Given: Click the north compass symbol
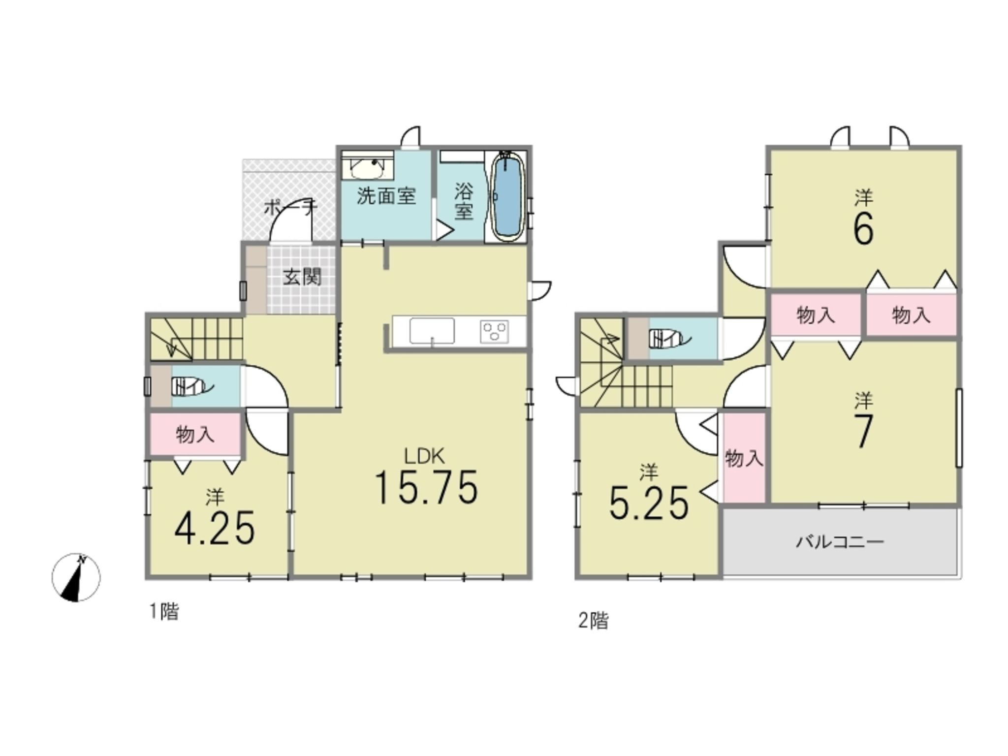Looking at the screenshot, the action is (76, 577).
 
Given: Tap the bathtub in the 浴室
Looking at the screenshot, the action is (508, 196).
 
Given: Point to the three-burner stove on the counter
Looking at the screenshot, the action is (495, 331).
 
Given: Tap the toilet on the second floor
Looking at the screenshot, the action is (670, 339).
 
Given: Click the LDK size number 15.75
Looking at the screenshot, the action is (426, 487).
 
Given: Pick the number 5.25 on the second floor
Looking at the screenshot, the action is (649, 503).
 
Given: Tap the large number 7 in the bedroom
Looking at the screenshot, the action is (864, 431).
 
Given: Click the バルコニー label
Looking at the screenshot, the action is (840, 542).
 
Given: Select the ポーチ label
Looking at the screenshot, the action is (290, 207).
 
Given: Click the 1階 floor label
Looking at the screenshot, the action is (164, 612).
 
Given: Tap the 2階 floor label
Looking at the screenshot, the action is (593, 621).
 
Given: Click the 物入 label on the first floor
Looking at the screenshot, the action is (195, 435).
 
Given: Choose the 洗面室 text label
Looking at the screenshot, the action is (386, 196).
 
